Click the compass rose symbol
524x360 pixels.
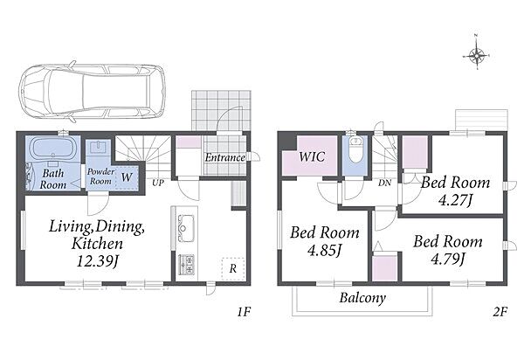[x=477, y=55]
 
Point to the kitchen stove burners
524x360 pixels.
[x=186, y=265]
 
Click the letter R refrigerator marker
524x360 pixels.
[x=233, y=268]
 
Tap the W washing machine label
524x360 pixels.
[x=127, y=177]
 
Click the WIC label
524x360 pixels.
[x=312, y=156]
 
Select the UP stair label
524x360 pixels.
[x=158, y=183]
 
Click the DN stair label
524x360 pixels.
[x=384, y=183]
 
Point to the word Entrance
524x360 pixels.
[x=225, y=157]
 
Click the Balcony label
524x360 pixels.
[x=362, y=298]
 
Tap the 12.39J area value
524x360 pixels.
[x=97, y=261]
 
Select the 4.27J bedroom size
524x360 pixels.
[x=455, y=201]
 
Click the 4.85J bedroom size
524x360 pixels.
[x=324, y=251]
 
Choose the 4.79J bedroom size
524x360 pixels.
[x=448, y=259]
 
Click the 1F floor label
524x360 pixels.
[x=244, y=312]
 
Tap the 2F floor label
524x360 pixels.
[x=500, y=312]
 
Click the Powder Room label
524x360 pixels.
[x=100, y=177]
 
